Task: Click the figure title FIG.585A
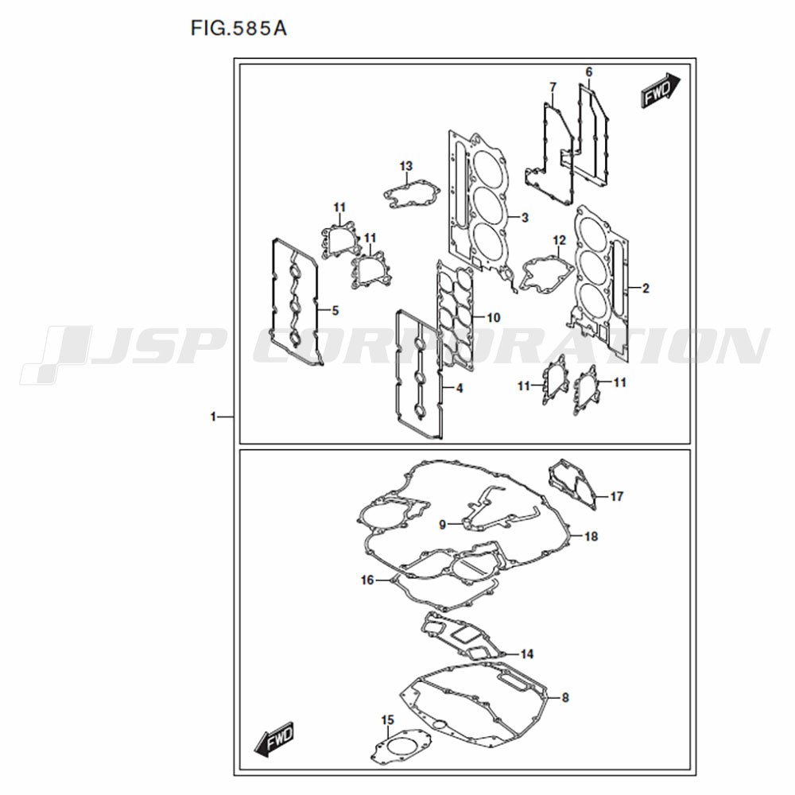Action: [x=238, y=29]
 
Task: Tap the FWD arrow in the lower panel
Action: [x=274, y=739]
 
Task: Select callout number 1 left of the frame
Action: [x=213, y=417]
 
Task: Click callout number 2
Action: [x=646, y=289]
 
